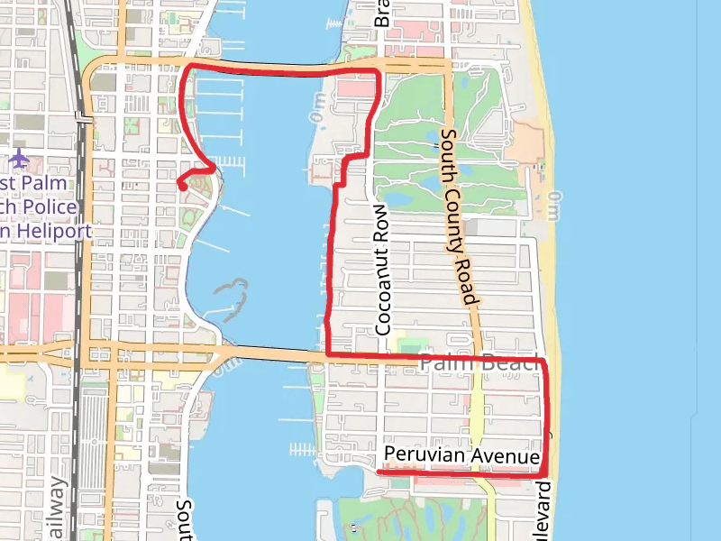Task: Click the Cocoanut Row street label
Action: coord(383,280)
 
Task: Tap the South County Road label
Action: coord(457,216)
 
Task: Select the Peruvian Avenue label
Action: coord(461,456)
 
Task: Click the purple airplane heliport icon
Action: coord(20,160)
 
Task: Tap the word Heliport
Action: coord(54,231)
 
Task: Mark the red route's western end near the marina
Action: coord(181,185)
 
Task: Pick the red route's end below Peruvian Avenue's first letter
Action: coord(379,471)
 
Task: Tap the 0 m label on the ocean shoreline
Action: coord(552,206)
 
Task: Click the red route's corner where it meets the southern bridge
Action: coord(326,355)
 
